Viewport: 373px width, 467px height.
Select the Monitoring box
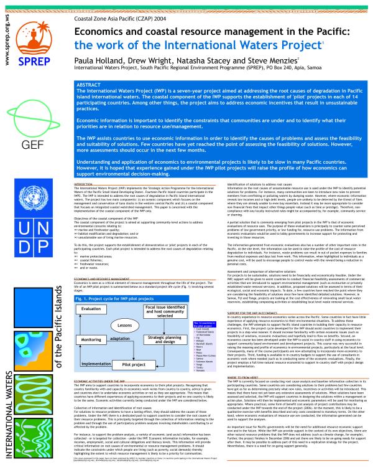pos(90,340)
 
